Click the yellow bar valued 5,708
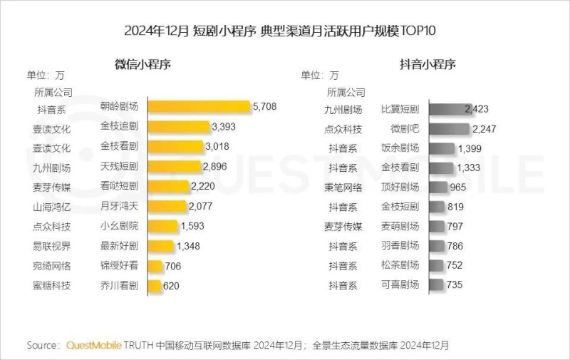(x=199, y=107)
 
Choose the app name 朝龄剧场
(x=119, y=107)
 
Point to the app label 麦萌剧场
(x=400, y=227)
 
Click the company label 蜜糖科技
(x=53, y=286)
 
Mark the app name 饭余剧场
(x=400, y=148)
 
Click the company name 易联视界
(x=53, y=246)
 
